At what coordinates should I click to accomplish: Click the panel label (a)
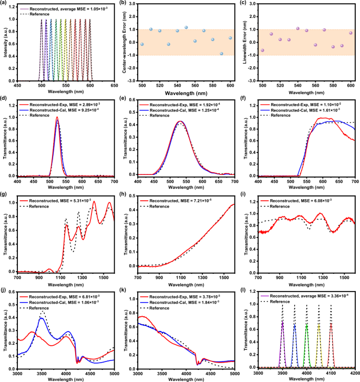pos(4,3)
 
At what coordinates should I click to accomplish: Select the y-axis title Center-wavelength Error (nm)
pos(126,43)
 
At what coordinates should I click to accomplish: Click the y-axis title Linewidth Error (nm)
pos(246,43)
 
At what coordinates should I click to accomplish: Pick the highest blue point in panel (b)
pos(186,27)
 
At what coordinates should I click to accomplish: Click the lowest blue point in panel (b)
pos(222,54)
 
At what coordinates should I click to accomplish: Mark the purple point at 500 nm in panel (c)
pos(263,50)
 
